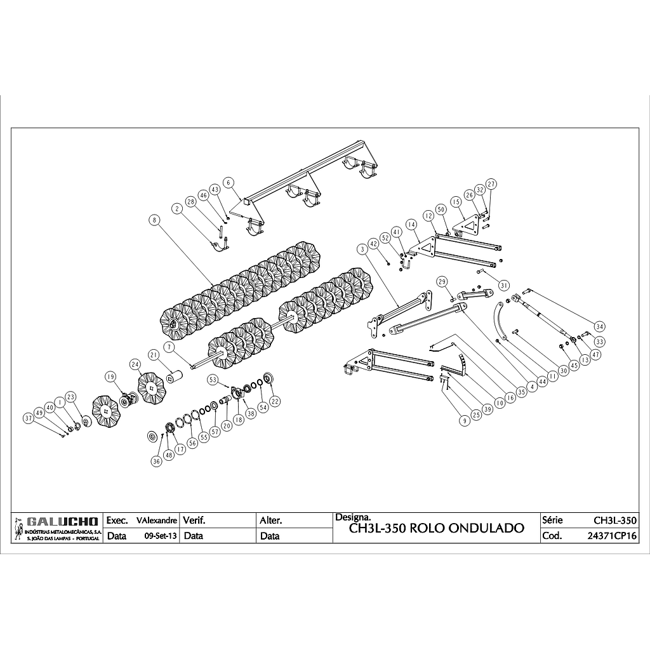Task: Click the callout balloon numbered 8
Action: coord(155,220)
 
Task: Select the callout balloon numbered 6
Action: coord(228,182)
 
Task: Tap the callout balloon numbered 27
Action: coord(491,183)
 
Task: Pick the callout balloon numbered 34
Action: coord(599,327)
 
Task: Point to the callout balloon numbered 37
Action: coord(28,419)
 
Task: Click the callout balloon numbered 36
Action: coord(156,461)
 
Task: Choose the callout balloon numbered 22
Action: coord(275,401)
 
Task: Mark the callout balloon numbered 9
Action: coord(465,421)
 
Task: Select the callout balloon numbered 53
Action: coord(213,380)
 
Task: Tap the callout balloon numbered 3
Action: coord(362,249)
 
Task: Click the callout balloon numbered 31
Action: coord(503,285)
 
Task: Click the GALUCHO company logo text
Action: coord(62,521)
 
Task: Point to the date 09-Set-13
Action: coord(161,536)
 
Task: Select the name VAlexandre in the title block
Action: coord(157,521)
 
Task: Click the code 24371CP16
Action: coord(612,536)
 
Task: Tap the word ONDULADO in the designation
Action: coord(487,528)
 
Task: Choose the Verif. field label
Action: coord(194,520)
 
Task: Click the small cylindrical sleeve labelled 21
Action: coord(175,376)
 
